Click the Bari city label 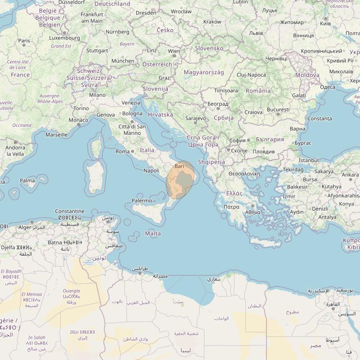pos(179,166)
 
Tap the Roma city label pos(123,151)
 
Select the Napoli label pos(151,171)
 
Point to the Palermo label pos(142,201)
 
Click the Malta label pos(153,234)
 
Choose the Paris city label pos(24,41)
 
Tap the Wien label pos(174,51)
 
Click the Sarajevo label pos(196,118)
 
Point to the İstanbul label pos(308,160)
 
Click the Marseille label pos(56,135)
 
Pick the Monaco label pos(78,120)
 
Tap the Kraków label pos(212,22)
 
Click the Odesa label pos(328,87)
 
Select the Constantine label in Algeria pos(70,211)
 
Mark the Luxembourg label pos(64,38)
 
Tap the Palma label pos(27,180)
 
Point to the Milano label pos(97,95)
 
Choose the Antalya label pos(327,217)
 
